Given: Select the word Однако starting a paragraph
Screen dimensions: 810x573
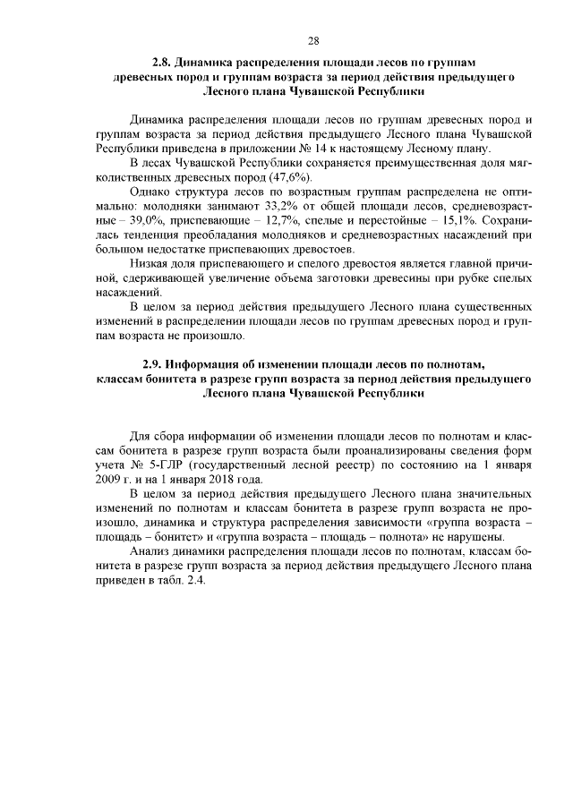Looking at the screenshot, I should [149, 192].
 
